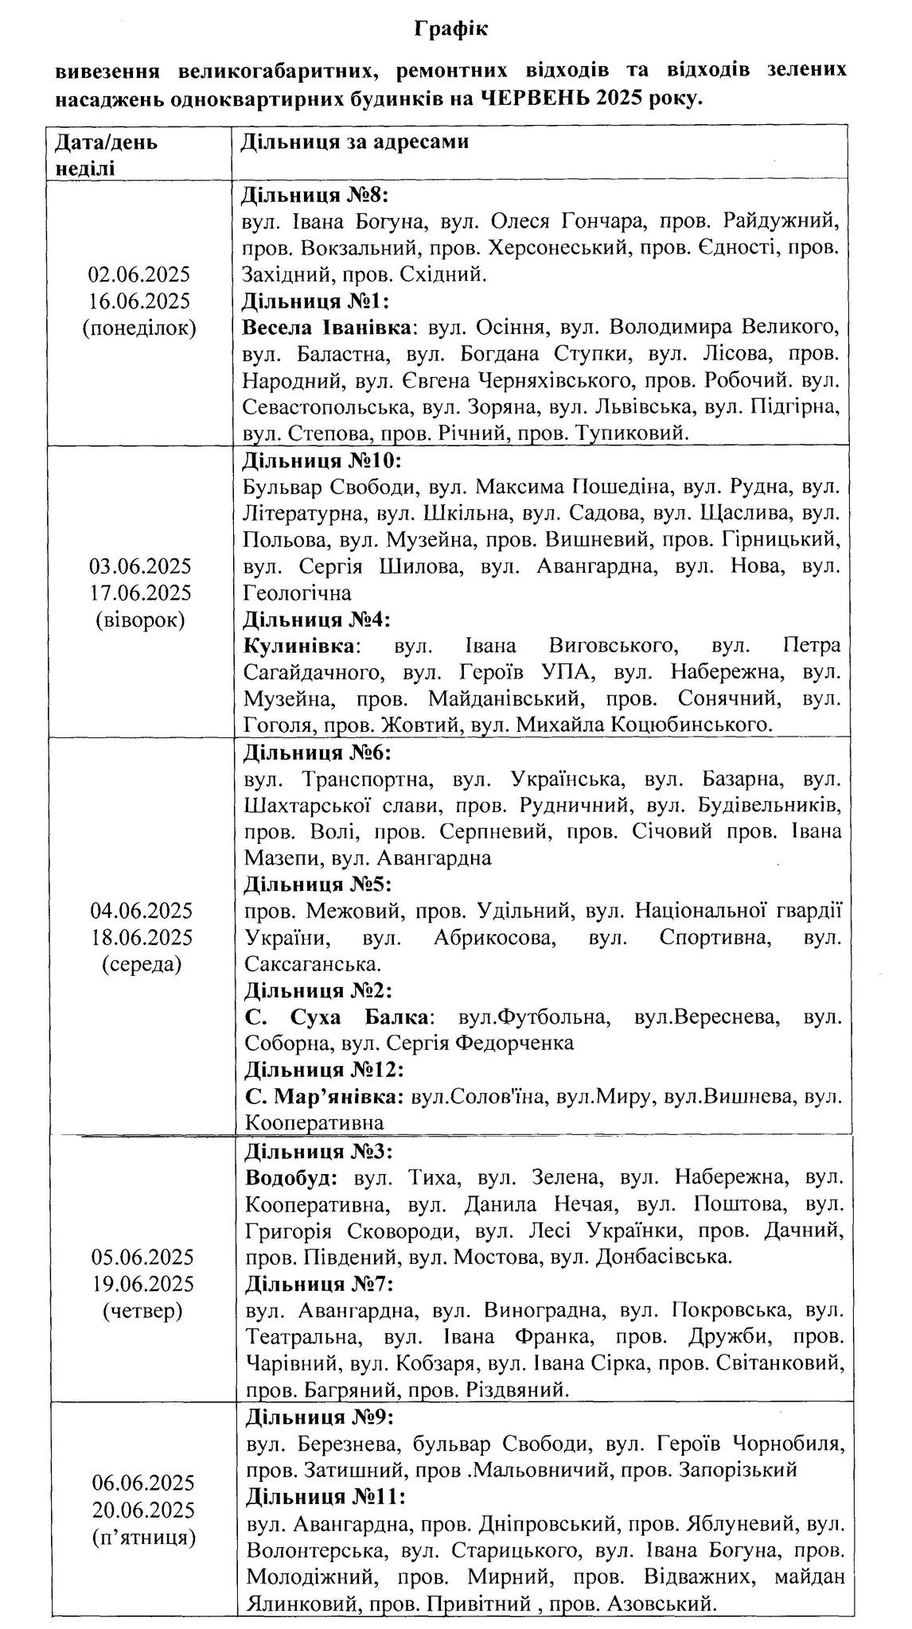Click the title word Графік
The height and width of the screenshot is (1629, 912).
(x=450, y=30)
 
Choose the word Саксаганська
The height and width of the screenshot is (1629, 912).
(x=311, y=964)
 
